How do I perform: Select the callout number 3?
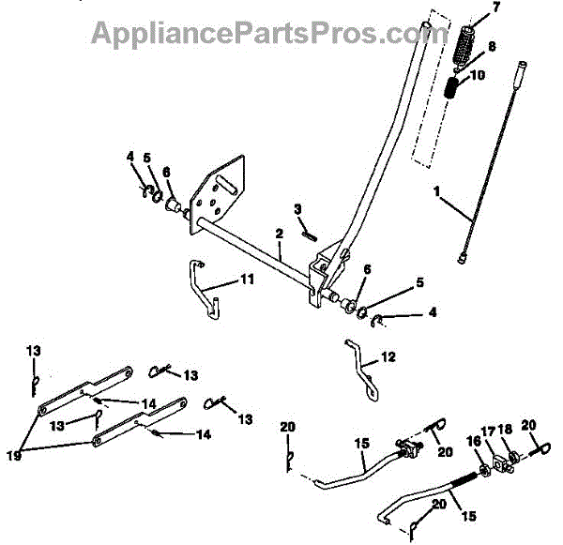(297, 208)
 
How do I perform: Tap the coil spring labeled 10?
(452, 91)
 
